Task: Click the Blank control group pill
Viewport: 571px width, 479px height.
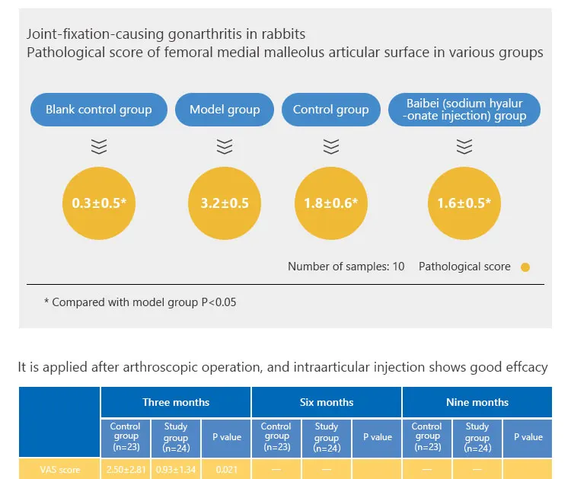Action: [98, 110]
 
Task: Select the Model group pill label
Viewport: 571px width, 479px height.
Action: [224, 110]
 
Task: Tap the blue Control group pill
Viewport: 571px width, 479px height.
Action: [330, 110]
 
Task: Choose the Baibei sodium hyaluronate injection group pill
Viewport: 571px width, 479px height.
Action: [464, 110]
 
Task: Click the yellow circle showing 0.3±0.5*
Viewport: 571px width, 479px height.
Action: [98, 203]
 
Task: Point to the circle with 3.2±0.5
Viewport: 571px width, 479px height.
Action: [224, 203]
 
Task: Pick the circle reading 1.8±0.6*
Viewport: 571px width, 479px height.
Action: [330, 203]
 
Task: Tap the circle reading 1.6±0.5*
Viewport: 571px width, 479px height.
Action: [464, 203]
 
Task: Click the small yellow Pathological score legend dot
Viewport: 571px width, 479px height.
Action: [525, 267]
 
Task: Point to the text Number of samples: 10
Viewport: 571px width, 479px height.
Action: [346, 267]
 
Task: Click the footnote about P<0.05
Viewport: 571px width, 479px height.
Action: [140, 302]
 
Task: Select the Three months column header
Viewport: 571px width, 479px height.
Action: [175, 402]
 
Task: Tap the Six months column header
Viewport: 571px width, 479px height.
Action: [326, 402]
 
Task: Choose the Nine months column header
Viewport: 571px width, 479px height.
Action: [477, 402]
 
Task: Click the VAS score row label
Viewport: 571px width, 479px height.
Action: [59, 470]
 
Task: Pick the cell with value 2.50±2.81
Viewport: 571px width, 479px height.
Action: [126, 470]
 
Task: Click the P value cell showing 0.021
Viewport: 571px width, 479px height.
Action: [226, 470]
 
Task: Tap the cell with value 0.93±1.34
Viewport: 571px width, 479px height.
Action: [176, 470]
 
